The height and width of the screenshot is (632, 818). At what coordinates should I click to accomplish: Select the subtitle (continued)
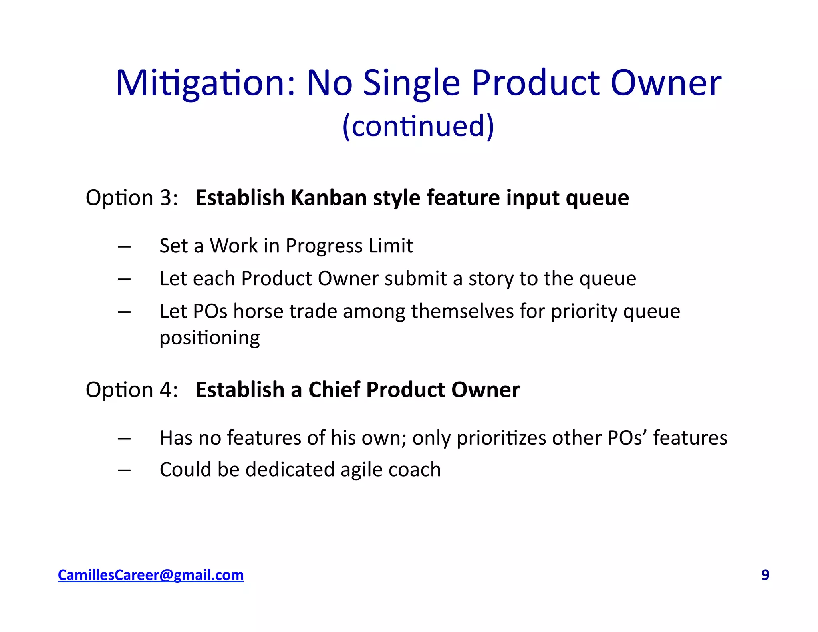pos(418,126)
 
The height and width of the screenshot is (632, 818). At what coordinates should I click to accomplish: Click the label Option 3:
pos(132,198)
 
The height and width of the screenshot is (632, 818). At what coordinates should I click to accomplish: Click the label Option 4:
pos(132,390)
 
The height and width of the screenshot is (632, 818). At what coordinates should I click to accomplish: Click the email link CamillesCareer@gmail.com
pos(151,575)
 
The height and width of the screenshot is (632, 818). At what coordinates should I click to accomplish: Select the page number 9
pos(765,575)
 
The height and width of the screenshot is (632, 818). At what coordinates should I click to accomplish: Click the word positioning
pos(210,338)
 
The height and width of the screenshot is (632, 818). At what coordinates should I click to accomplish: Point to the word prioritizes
pos(501,438)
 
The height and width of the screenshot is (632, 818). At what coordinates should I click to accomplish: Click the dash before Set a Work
pos(124,247)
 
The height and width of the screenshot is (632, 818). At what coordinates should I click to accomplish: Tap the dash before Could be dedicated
pos(124,471)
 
